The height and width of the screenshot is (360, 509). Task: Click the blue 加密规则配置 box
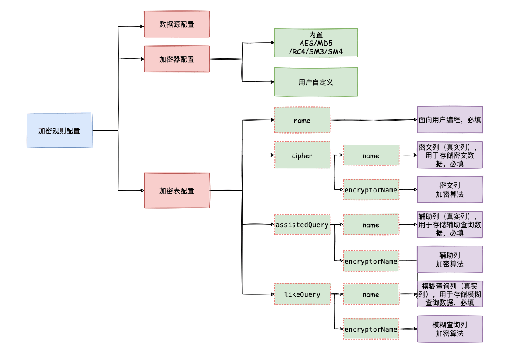tap(59, 130)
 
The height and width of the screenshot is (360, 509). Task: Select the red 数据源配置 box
tap(177, 24)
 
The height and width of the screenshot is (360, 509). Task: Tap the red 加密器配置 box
tap(177, 59)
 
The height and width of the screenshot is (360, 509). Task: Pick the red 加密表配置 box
tap(177, 191)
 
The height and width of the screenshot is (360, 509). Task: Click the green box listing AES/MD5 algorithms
tap(316, 43)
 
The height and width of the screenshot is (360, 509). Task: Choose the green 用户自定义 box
tap(316, 82)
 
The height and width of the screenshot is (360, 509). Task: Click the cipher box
tap(302, 155)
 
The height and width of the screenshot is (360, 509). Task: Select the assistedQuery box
tap(302, 225)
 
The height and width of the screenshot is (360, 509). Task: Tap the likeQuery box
tap(302, 295)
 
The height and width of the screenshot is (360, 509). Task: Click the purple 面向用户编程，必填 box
tap(450, 120)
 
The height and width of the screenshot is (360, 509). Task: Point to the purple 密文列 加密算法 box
tap(450, 189)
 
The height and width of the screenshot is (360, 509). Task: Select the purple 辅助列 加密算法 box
tap(450, 259)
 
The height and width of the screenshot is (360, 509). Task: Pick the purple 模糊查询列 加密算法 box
tap(450, 329)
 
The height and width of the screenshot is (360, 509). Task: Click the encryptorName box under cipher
tap(371, 190)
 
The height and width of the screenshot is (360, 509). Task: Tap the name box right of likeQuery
tap(371, 295)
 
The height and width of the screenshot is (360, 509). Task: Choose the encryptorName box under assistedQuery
tap(371, 261)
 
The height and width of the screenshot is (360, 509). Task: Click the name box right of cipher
tap(371, 155)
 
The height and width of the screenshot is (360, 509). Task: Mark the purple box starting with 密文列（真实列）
tap(450, 155)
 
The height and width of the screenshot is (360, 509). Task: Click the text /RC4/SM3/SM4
tap(316, 51)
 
